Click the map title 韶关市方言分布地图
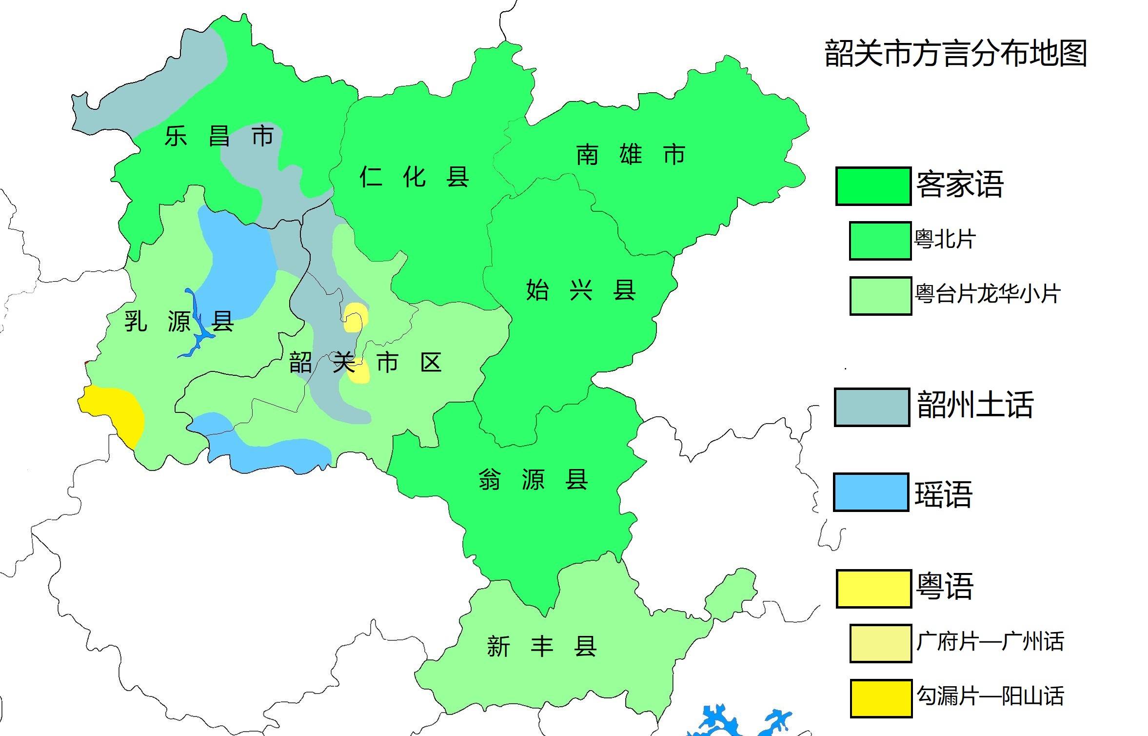[955, 54]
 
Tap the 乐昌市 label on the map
[219, 136]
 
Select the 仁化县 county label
[414, 177]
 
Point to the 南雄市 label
[631, 155]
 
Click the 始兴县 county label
[580, 290]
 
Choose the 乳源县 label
[178, 321]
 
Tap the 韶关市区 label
[365, 363]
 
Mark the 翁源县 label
[533, 479]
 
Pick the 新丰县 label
[541, 647]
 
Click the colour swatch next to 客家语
[873, 186]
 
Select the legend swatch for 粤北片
[880, 241]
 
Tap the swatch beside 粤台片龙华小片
[880, 296]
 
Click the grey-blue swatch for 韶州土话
[871, 407]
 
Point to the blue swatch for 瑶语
[871, 492]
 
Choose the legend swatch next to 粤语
[873, 588]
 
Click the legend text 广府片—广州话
[990, 641]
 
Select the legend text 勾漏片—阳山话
[990, 696]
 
